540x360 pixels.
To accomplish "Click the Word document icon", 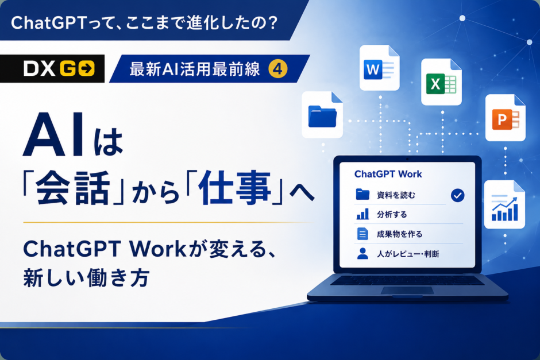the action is point(380,68).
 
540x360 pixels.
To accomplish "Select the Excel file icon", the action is point(441,82).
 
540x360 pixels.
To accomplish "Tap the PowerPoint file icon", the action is point(505,118).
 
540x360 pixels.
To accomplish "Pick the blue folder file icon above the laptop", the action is point(322,115).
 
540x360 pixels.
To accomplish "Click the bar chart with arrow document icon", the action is point(504,204).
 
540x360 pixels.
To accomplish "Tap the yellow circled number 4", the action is point(278,68).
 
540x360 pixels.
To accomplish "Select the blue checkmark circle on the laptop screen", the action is point(457,195).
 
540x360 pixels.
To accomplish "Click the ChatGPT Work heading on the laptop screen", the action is point(388,174).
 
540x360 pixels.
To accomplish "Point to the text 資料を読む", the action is point(396,195).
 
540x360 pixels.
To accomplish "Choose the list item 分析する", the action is point(392,215).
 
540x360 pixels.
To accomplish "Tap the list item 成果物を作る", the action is point(399,234).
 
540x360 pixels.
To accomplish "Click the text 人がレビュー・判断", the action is point(408,254).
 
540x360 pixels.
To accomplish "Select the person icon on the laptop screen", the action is point(362,254).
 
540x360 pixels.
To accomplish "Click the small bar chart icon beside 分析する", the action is point(362,214).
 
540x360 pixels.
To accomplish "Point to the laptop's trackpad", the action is point(407,291).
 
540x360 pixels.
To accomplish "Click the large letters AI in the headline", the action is point(54,135).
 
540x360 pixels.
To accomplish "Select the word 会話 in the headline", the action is point(74,188).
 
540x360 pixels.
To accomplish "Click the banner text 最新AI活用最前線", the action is point(195,69).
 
